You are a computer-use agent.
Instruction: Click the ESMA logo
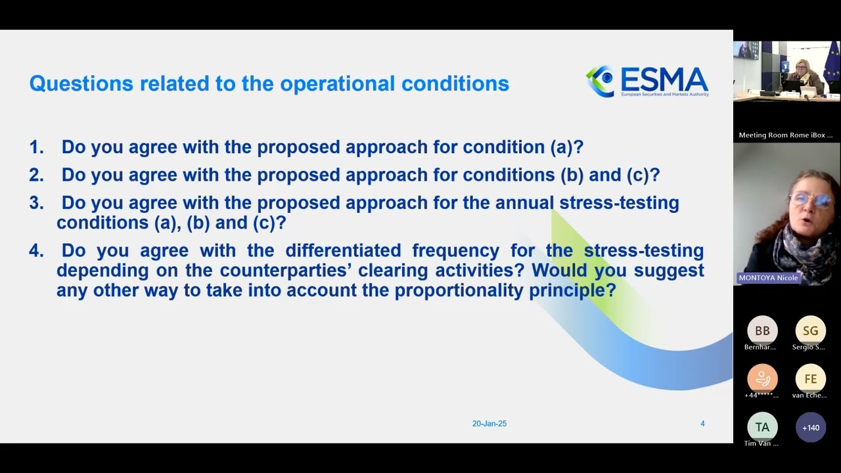647,82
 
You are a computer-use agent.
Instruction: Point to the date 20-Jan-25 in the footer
489,424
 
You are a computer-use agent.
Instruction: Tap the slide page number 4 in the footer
702,424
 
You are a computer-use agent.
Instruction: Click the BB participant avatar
762,330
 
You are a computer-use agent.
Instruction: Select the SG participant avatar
810,330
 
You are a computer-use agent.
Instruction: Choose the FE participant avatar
810,379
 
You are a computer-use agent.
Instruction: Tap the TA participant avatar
762,428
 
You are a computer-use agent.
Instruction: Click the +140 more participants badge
810,428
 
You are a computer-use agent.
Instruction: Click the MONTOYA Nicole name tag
768,278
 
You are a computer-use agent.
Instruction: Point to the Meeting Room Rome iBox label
785,135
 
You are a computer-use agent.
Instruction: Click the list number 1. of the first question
36,147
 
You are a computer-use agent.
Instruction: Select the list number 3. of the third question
36,203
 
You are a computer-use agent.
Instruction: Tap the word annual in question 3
524,203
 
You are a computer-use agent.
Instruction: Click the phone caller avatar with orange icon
762,379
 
